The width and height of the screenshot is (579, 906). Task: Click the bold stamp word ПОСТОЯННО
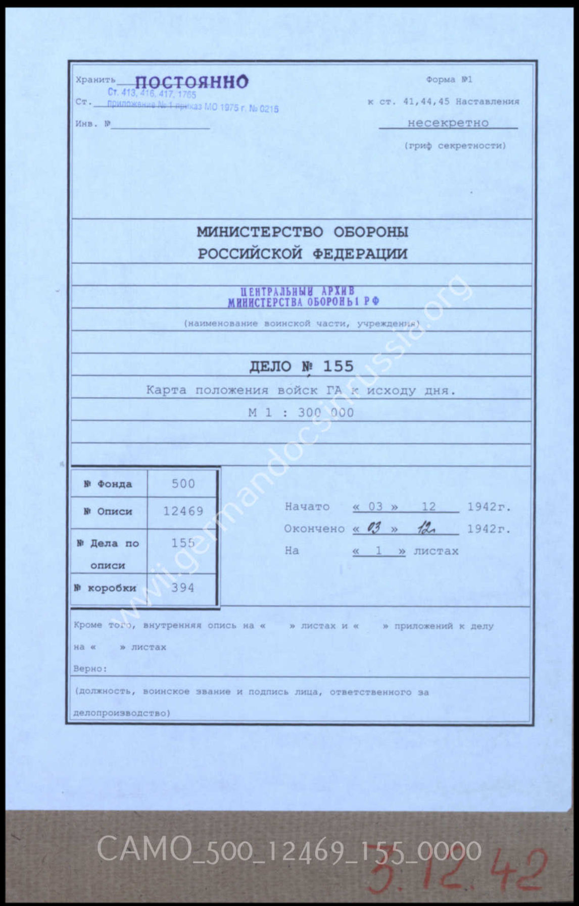[x=191, y=82]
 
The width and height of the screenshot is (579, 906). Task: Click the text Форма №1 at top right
[x=449, y=80]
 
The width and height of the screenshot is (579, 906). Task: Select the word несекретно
[x=448, y=123]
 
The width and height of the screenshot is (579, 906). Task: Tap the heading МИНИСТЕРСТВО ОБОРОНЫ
[x=302, y=232]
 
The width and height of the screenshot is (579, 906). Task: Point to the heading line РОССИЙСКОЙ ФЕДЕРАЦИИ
[x=302, y=253]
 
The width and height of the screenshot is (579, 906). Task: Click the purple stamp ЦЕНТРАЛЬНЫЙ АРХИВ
[x=298, y=291]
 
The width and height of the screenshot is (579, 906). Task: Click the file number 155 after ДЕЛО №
[x=338, y=366]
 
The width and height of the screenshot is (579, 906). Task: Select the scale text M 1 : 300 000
[x=301, y=412]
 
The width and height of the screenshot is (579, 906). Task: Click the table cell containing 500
[x=183, y=484]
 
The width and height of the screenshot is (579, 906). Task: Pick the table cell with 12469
[x=183, y=511]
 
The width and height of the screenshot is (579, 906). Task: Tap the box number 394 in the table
[x=182, y=588]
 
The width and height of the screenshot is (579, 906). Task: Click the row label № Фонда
[x=108, y=484]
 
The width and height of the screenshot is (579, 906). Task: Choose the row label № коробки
[x=105, y=588]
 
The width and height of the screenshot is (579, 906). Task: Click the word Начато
[x=307, y=507]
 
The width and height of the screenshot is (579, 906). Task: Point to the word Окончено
[x=314, y=529]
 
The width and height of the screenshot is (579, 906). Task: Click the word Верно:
[x=90, y=669]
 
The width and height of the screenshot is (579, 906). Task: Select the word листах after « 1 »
[x=436, y=551]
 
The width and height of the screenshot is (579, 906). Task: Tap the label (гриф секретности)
[x=455, y=146]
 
